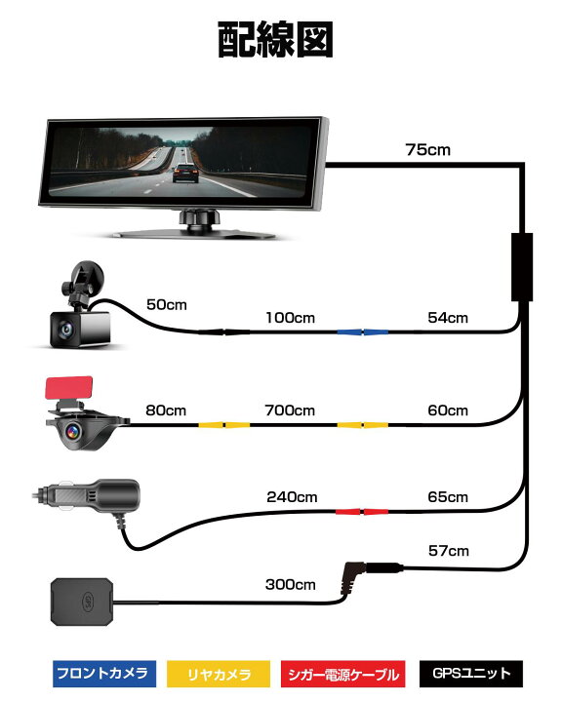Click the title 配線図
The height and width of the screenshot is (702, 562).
[275, 39]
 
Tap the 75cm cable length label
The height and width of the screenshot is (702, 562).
[428, 149]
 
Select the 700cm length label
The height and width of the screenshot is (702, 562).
[290, 410]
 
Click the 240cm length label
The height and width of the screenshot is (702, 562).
[292, 497]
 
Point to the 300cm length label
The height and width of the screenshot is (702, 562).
[291, 584]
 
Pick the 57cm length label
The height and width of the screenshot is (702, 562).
[449, 551]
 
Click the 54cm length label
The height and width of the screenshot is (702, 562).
[448, 318]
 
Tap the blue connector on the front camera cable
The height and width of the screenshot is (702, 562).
[363, 332]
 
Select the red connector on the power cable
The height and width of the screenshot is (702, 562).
[362, 511]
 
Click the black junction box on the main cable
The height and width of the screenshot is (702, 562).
[522, 267]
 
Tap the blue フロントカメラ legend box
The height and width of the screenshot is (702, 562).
[104, 674]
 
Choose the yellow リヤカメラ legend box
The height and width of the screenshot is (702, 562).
[219, 674]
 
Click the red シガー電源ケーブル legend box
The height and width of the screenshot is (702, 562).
[342, 674]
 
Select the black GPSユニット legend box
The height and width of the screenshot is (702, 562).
[471, 674]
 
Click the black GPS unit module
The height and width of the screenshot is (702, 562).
[82, 602]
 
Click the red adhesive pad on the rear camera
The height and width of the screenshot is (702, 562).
[69, 388]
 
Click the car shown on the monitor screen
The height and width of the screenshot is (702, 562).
[185, 174]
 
